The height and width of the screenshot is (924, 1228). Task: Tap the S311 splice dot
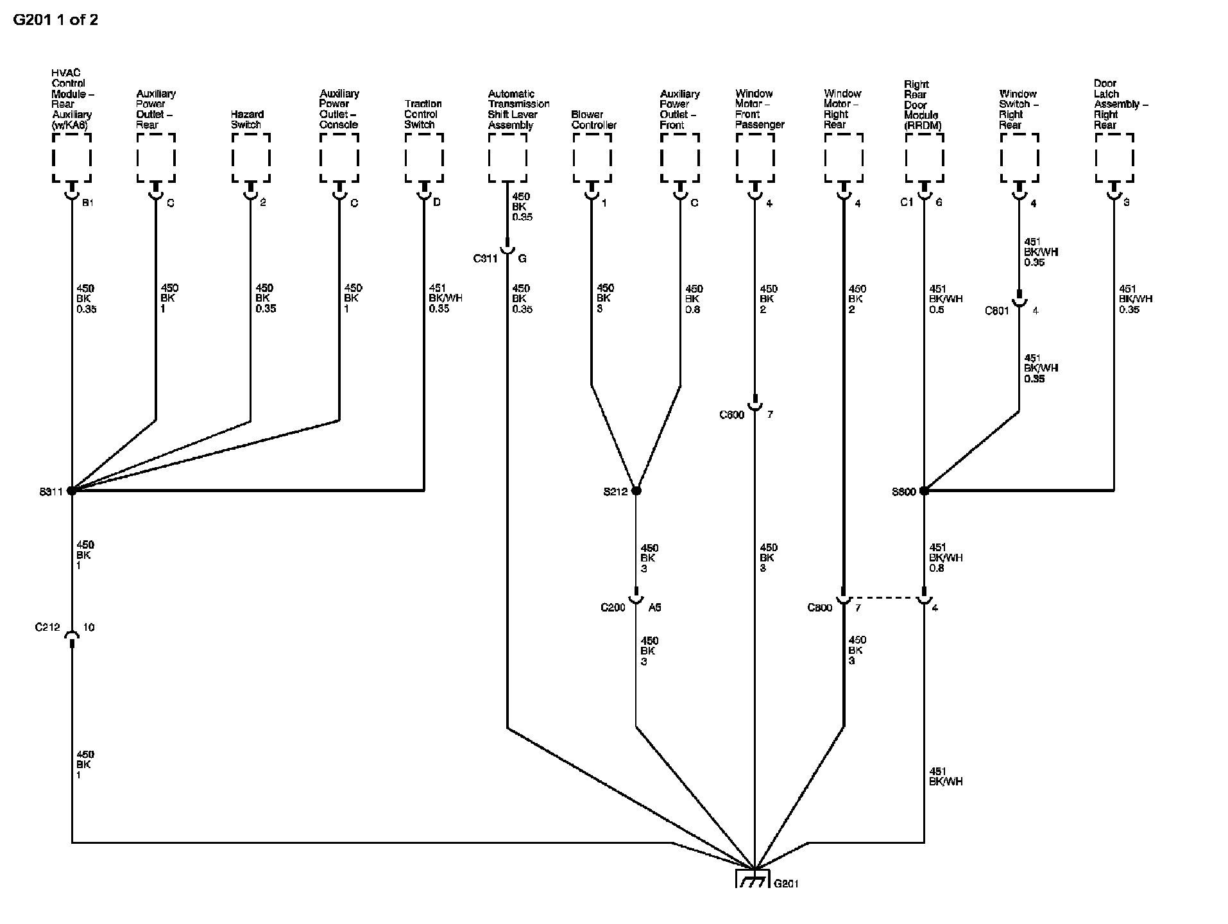click(72, 491)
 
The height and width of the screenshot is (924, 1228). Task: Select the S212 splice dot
click(636, 491)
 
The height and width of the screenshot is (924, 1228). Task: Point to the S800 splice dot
click(924, 491)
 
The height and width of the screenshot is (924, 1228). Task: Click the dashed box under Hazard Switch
click(251, 158)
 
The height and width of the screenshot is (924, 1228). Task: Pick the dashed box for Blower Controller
click(592, 158)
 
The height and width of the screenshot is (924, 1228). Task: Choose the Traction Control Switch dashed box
click(424, 158)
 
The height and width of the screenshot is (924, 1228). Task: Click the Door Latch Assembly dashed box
click(1114, 158)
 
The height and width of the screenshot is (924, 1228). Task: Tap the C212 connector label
click(47, 627)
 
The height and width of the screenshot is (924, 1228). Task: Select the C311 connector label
click(485, 259)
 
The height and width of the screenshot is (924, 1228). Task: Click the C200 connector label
click(613, 607)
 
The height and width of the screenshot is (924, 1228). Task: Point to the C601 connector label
click(997, 311)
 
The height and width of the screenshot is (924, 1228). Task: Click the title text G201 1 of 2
click(56, 19)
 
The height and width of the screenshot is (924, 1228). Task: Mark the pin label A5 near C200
click(654, 607)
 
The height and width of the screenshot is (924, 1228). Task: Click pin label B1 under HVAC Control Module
click(88, 203)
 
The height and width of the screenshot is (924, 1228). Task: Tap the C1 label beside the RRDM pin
click(906, 203)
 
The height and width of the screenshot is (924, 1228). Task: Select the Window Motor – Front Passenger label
click(759, 109)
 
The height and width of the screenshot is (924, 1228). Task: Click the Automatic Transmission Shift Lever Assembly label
click(518, 109)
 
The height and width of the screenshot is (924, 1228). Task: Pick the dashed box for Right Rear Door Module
click(925, 158)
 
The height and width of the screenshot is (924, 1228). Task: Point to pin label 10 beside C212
click(89, 627)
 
